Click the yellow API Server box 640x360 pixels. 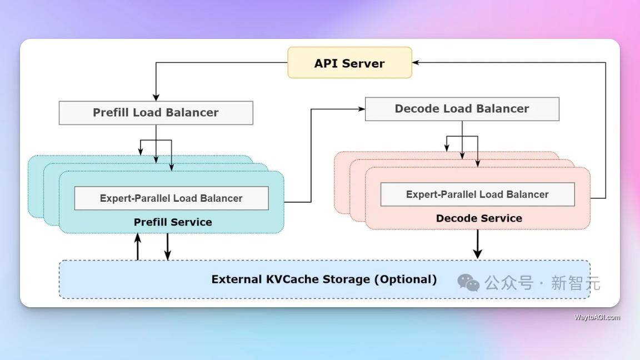point(349,63)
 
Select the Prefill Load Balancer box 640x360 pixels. point(156,113)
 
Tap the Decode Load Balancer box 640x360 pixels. point(462,109)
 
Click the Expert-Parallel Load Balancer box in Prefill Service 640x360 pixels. point(171,198)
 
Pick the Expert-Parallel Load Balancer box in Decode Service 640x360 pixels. point(477,194)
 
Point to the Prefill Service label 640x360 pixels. point(173,222)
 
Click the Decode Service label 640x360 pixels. point(479,218)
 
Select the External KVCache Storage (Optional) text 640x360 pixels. point(324,279)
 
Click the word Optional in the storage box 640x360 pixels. point(406,279)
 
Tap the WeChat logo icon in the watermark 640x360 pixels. point(468,283)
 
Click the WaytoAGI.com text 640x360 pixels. point(597,317)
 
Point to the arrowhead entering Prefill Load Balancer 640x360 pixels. point(156,97)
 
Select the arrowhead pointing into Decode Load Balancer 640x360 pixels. point(361,109)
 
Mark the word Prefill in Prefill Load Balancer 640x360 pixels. point(111,113)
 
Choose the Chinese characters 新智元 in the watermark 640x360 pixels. point(576,283)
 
